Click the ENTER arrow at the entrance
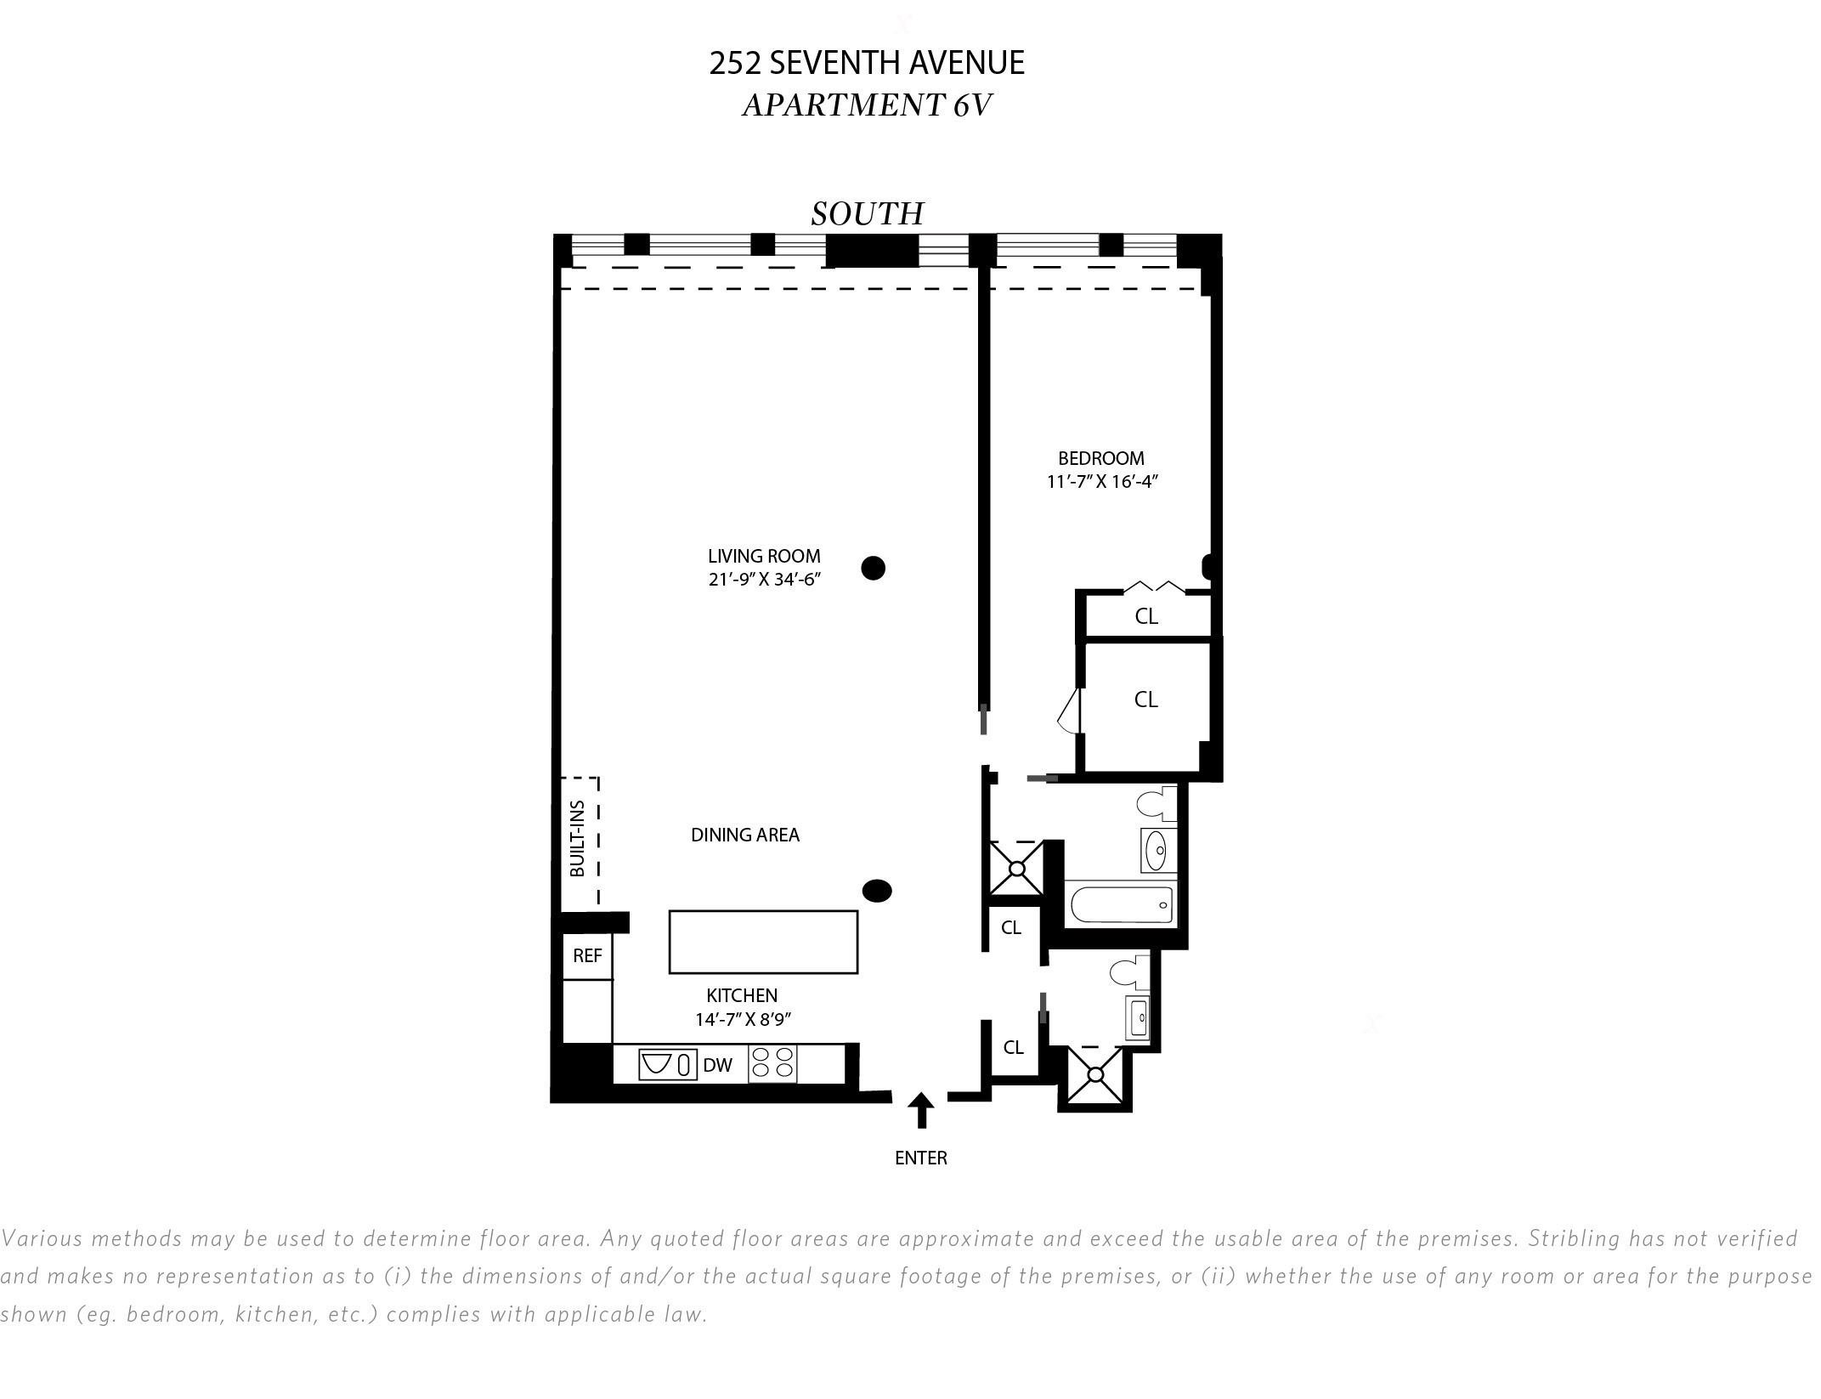[921, 1110]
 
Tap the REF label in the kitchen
[587, 955]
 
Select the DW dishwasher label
[718, 1065]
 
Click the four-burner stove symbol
[772, 1063]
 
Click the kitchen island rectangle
[763, 942]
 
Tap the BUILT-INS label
[578, 839]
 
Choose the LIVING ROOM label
[764, 556]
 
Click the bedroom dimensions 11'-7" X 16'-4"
[1103, 482]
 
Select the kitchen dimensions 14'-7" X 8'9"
[743, 1019]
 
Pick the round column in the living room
[873, 568]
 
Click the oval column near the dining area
[877, 891]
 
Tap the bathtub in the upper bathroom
[1122, 904]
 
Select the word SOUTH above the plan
[867, 213]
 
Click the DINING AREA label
[745, 835]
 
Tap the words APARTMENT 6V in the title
[867, 105]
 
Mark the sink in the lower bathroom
[1138, 1017]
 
